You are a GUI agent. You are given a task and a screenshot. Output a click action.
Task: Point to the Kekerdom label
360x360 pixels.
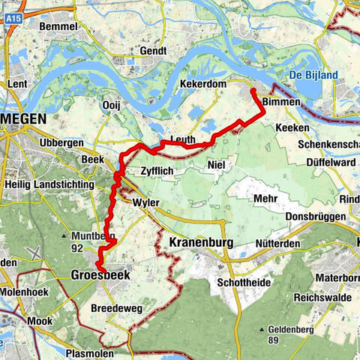[x=203, y=84]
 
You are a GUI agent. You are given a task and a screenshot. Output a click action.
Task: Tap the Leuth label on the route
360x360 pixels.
[x=183, y=139]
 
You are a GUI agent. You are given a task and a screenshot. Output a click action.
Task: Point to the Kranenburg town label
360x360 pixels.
[x=203, y=243]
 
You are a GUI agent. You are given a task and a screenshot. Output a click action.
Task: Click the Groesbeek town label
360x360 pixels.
[x=100, y=275]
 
